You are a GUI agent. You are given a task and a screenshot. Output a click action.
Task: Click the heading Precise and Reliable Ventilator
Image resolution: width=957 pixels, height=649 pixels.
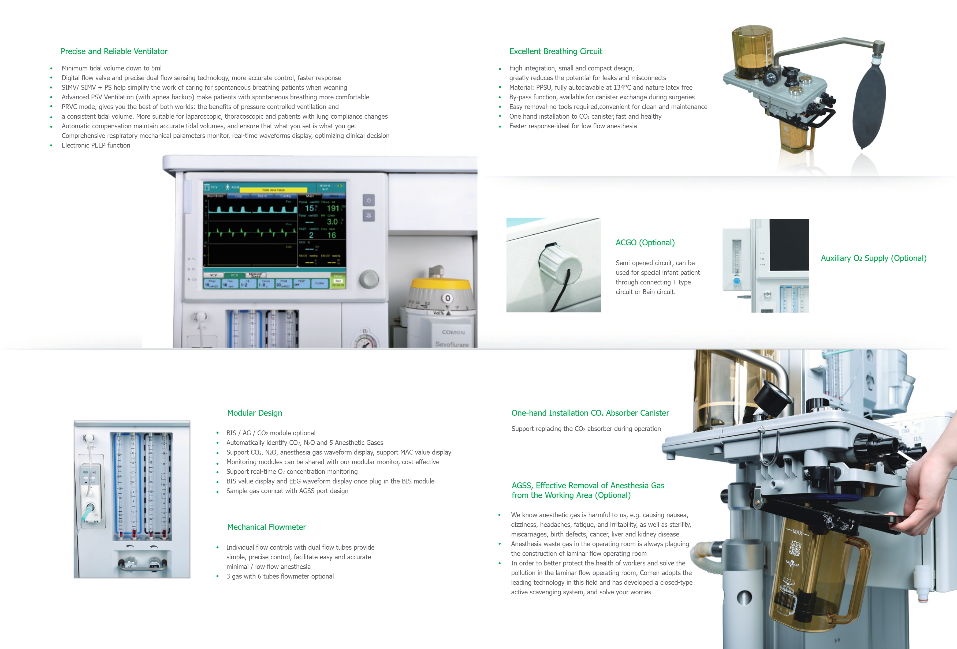click(114, 51)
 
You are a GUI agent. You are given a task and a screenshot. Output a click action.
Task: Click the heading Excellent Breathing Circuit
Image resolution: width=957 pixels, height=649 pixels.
click(556, 51)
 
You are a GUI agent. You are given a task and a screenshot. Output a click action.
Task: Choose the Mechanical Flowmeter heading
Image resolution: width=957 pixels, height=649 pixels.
click(266, 527)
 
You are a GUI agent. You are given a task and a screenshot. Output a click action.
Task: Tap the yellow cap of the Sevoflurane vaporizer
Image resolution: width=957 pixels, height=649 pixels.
click(441, 284)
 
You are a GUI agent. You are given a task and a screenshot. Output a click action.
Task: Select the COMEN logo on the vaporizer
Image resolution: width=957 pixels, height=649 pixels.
click(453, 332)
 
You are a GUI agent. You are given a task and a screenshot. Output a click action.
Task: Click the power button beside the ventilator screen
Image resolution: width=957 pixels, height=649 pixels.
click(368, 200)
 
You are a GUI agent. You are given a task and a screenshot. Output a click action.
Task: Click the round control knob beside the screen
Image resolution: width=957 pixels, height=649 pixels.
click(368, 279)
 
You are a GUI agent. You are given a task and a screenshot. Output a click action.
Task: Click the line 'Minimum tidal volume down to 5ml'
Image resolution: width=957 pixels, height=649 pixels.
click(111, 68)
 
